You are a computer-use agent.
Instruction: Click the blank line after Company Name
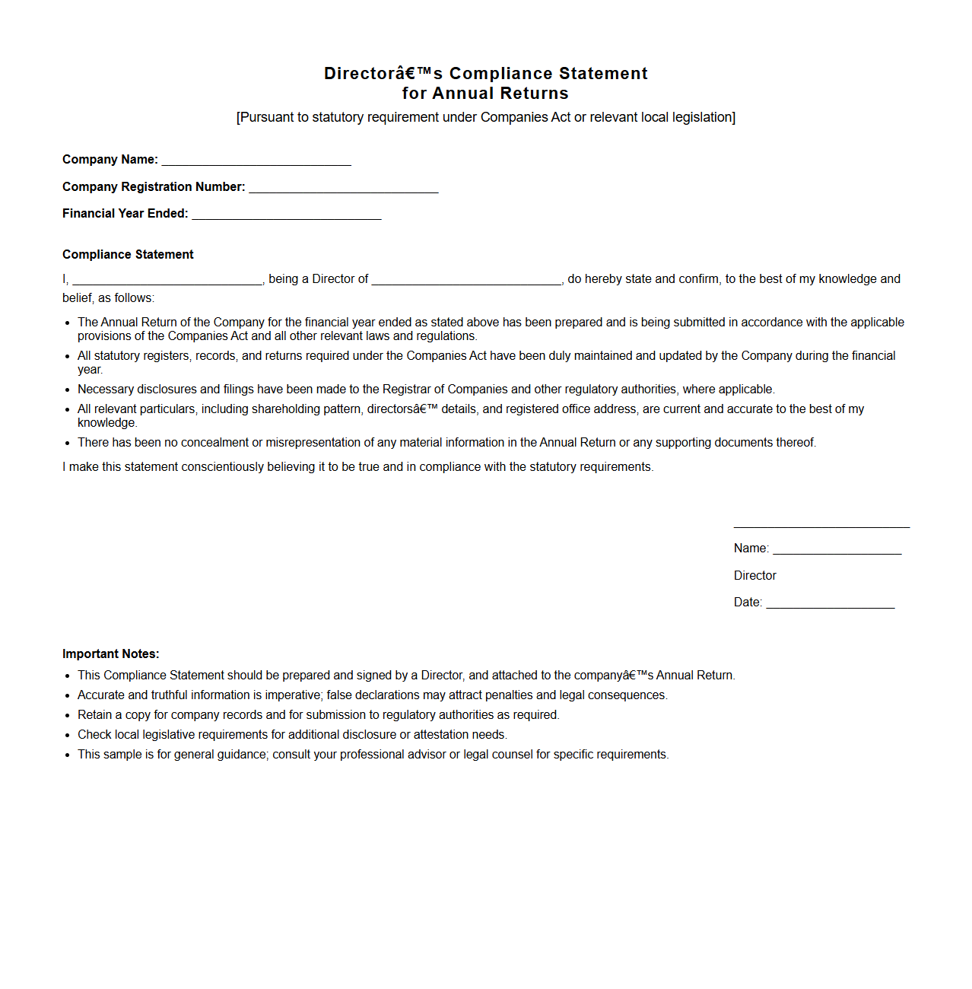(256, 161)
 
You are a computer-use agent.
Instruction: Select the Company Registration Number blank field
(344, 188)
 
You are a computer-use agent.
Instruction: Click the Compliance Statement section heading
(128, 254)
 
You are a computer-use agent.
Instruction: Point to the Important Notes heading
(111, 654)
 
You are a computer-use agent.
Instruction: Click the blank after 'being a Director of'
(466, 280)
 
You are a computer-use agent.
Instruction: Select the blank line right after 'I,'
(167, 280)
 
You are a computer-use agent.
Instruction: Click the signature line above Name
(821, 526)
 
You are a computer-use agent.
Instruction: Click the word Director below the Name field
(754, 575)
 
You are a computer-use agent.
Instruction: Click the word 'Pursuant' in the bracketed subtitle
(266, 117)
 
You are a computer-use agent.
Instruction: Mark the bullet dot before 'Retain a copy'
(68, 715)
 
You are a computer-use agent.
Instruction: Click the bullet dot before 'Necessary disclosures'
(68, 390)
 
